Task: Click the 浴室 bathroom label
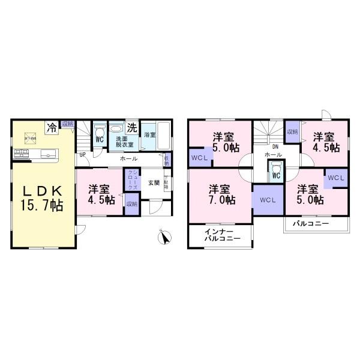(x=149, y=136)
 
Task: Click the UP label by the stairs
(x=82, y=155)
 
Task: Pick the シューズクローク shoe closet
(x=131, y=181)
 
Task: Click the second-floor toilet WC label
(x=275, y=176)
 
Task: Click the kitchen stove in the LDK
(x=22, y=155)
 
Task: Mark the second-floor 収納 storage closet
(x=292, y=132)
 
